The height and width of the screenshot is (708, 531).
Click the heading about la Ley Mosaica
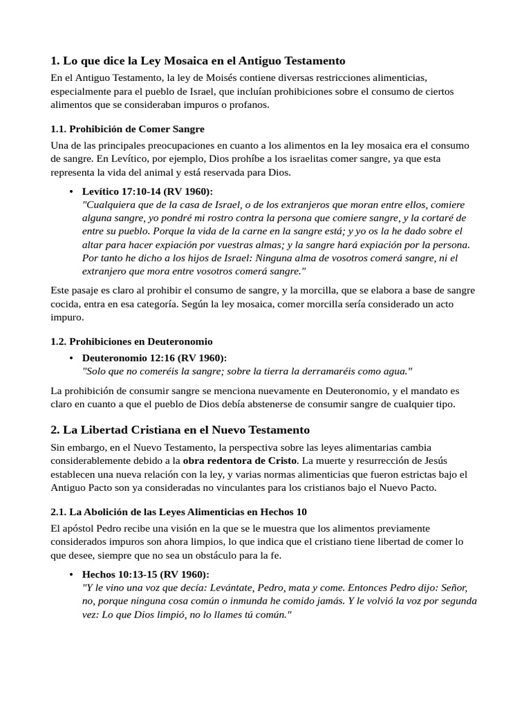coord(198,61)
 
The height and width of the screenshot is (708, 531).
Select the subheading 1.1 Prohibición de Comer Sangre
coord(128,129)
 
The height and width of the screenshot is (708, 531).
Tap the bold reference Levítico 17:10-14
coord(147,191)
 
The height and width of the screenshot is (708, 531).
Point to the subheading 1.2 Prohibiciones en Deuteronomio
coord(131,342)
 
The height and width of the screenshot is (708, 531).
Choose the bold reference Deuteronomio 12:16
coord(154,357)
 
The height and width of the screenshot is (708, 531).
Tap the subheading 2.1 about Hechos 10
coord(179,512)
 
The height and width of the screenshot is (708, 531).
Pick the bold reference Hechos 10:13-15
coord(145,575)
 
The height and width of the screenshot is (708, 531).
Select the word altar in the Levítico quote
coord(93,244)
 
